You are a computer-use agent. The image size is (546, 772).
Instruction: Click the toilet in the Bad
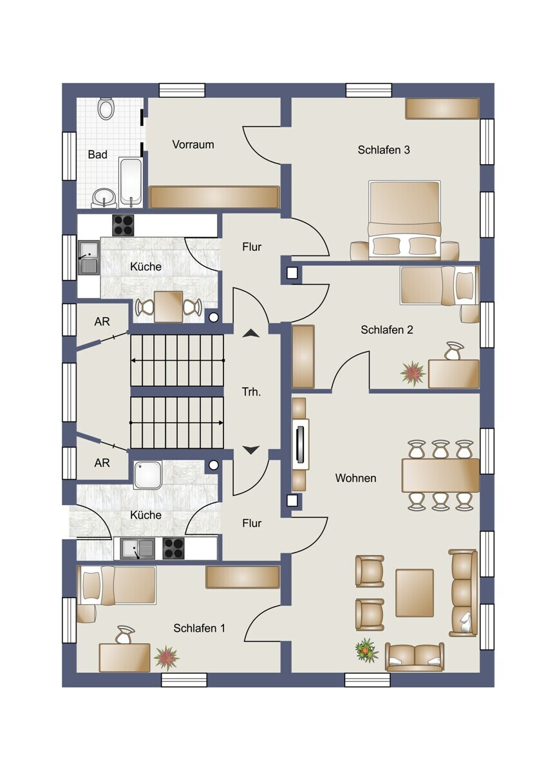(106, 108)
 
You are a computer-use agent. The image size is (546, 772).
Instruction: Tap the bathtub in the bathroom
(130, 182)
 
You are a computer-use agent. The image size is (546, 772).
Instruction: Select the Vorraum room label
(193, 144)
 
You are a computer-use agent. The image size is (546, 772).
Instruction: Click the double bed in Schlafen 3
(404, 220)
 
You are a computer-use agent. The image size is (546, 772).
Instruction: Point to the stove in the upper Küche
(123, 225)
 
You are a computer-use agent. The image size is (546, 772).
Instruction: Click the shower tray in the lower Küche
(148, 475)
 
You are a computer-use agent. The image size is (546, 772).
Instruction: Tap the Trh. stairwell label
(251, 392)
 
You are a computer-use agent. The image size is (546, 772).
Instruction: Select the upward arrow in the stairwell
(250, 333)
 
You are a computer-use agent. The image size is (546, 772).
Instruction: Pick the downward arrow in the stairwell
(250, 450)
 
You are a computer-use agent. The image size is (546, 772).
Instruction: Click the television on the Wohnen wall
(301, 445)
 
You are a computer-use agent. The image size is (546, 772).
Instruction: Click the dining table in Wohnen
(440, 475)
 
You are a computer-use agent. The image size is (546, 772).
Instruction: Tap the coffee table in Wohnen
(414, 593)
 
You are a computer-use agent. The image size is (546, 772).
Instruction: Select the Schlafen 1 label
(199, 628)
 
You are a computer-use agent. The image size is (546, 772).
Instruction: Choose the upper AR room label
(102, 322)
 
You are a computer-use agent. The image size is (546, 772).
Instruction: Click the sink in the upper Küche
(89, 257)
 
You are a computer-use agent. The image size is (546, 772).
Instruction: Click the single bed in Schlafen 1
(117, 585)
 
